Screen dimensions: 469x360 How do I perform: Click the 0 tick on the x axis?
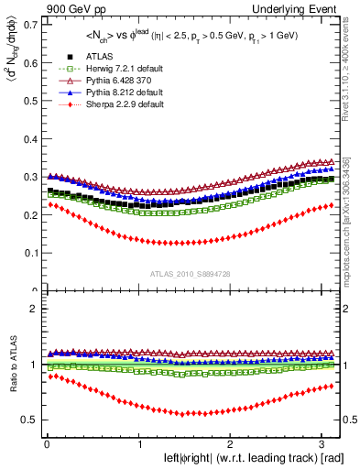click(x=46, y=444)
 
